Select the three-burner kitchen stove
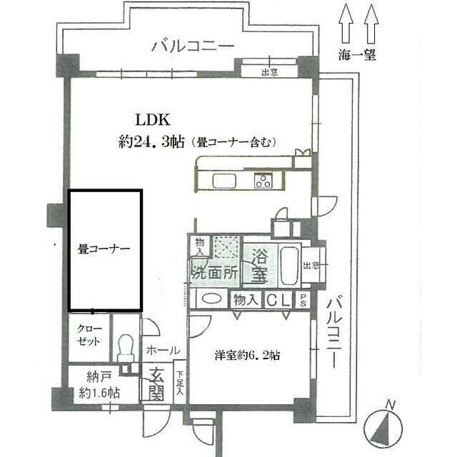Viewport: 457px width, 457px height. [x=263, y=181]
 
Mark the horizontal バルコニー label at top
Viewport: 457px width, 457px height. [x=193, y=46]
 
